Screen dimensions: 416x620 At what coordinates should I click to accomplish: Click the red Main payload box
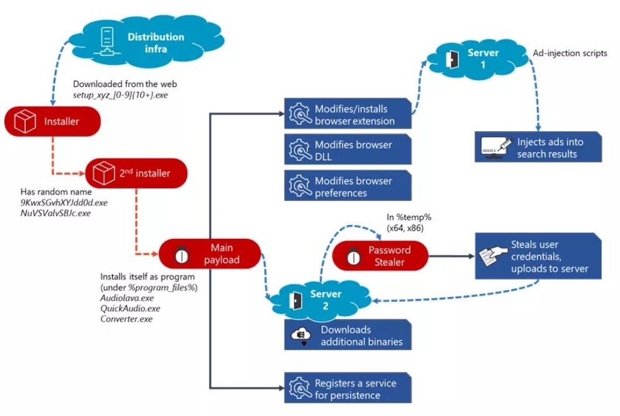209,253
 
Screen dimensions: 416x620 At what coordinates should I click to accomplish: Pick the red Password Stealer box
380,255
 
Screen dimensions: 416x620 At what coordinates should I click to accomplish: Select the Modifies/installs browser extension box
347,114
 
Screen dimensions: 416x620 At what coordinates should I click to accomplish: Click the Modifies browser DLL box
347,150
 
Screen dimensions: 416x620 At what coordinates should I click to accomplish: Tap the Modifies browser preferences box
347,187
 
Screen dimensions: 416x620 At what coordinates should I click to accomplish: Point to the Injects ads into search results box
538,147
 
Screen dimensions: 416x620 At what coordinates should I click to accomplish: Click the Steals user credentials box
538,256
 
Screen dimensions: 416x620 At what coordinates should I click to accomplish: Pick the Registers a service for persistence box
347,389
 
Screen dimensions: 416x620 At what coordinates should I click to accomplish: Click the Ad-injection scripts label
570,54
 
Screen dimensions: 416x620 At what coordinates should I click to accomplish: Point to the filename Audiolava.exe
127,298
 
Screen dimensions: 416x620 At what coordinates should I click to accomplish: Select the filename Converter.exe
127,319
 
